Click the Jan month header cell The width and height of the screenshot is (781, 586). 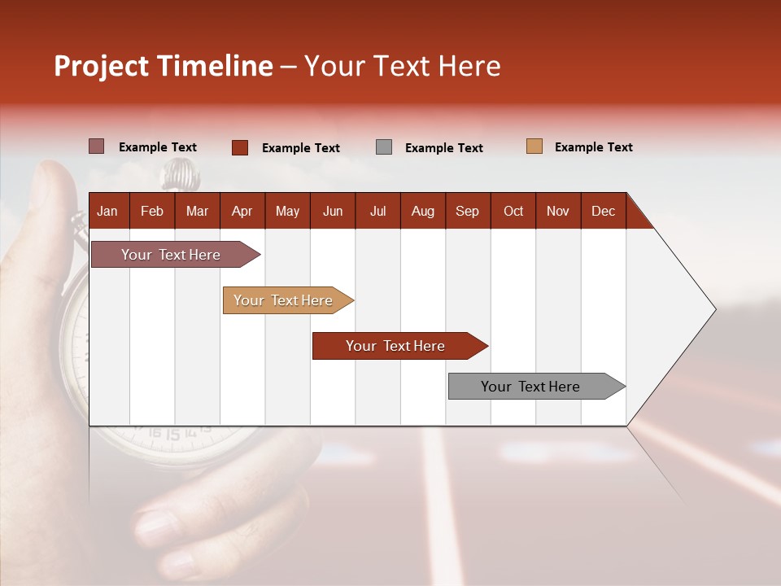pos(108,211)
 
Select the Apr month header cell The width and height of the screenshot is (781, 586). pos(242,211)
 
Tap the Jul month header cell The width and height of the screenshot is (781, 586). pos(377,211)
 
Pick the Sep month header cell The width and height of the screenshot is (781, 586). pos(468,211)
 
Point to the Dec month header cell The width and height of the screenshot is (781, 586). pos(603,211)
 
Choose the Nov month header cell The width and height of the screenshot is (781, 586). pos(558,211)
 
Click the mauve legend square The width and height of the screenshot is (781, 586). pos(97,146)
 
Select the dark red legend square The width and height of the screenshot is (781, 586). pos(240,147)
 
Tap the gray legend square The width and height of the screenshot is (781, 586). pos(384,147)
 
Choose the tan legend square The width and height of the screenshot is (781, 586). pos(534,146)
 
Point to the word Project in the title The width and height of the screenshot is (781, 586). pos(101,66)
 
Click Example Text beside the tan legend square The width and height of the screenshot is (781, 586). pos(593,147)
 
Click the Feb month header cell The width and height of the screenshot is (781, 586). pos(152,211)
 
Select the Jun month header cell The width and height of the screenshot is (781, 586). pos(333,211)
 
